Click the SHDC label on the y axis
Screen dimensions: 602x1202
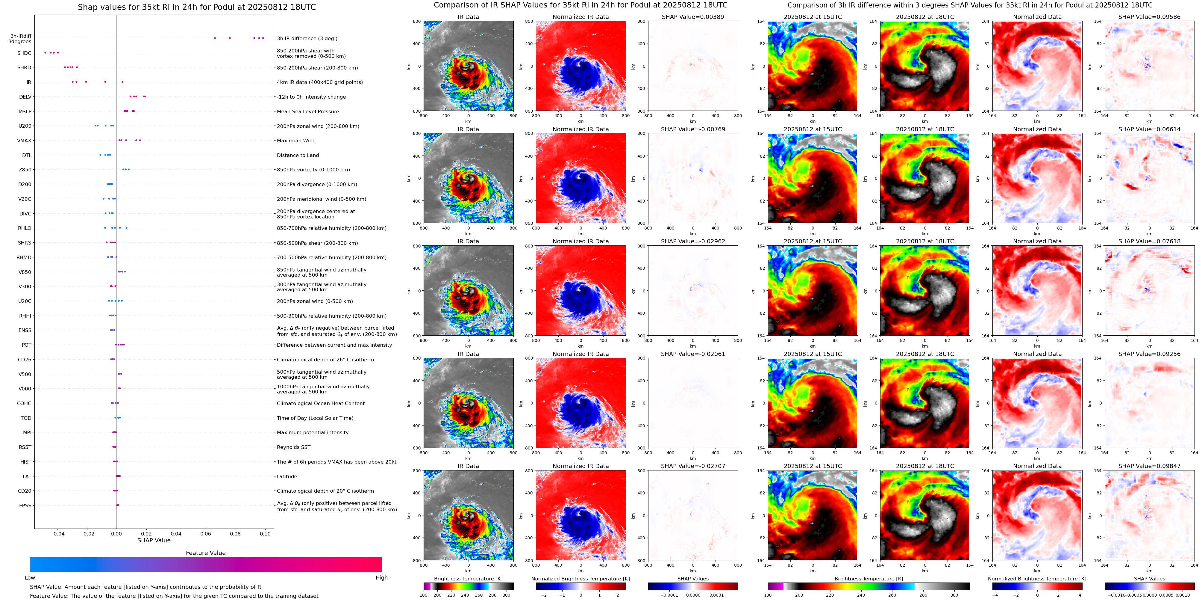[x=24, y=53]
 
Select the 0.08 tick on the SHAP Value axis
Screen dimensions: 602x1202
[x=235, y=533]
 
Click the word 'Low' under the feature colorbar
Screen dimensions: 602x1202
[x=30, y=578]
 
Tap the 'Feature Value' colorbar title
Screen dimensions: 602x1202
[x=205, y=553]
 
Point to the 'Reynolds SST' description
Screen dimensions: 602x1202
[x=293, y=447]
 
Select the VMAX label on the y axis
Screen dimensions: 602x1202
[x=24, y=141]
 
